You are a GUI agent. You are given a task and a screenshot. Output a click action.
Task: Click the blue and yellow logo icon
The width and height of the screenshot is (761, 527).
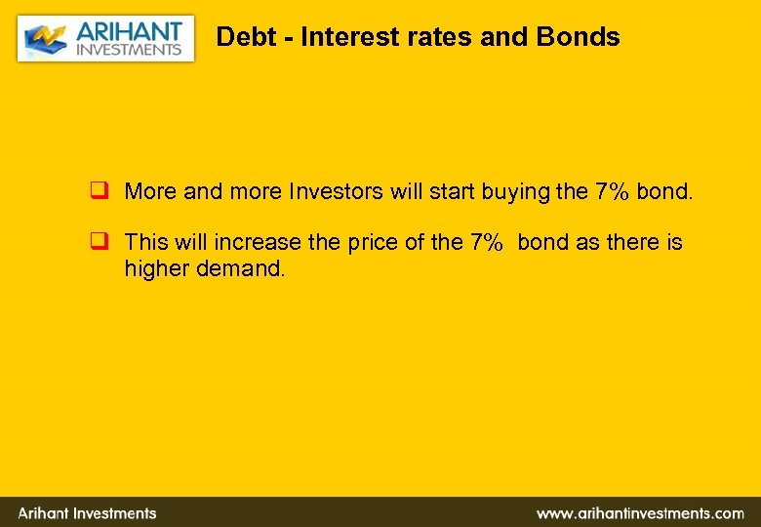44,40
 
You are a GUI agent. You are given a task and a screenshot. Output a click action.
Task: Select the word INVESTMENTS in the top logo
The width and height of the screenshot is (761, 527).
129,50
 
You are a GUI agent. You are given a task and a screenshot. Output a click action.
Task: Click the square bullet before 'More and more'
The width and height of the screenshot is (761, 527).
98,191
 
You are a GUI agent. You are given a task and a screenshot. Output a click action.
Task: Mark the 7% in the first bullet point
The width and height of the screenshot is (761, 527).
612,191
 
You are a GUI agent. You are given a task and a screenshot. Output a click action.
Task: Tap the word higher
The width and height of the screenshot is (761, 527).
154,268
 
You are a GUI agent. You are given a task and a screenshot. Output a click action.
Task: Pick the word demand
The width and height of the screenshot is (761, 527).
238,268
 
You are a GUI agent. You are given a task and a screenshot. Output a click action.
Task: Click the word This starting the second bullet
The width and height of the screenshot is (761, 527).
146,242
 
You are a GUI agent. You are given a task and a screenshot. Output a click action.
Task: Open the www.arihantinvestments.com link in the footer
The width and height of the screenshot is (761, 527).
639,512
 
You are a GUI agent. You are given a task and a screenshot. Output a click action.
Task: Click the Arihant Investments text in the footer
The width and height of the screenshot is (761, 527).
87,512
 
